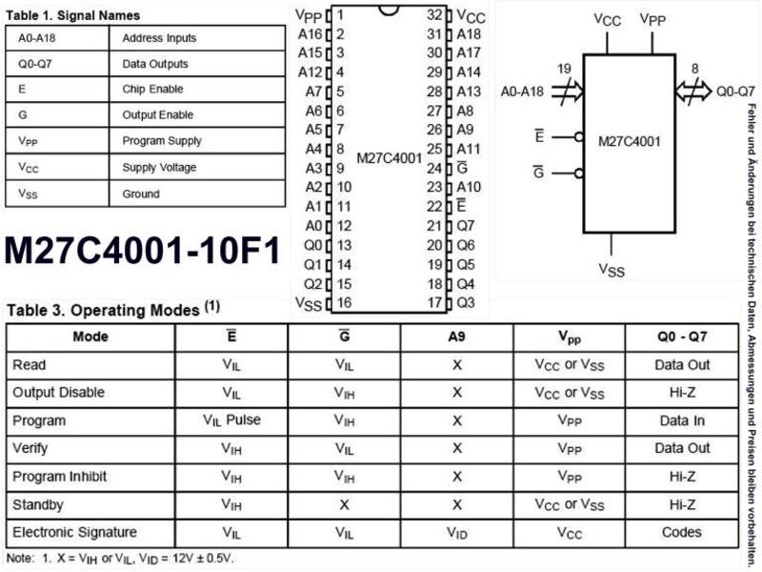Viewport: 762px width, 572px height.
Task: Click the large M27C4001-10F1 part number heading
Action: click(142, 251)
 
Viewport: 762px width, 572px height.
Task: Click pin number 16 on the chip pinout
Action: click(344, 302)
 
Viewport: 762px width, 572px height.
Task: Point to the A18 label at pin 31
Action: click(469, 34)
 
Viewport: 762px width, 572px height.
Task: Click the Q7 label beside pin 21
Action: click(466, 226)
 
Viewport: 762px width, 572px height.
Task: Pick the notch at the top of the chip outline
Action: click(389, 10)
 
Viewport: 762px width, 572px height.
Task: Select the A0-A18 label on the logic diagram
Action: click(522, 92)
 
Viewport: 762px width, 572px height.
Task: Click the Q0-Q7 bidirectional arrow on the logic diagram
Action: click(693, 91)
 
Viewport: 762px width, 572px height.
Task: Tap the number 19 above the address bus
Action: click(564, 69)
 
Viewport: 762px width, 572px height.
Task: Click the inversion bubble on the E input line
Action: click(579, 137)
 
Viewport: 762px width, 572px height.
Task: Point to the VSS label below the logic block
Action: click(612, 269)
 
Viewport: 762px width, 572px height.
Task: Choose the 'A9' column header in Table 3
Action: click(456, 337)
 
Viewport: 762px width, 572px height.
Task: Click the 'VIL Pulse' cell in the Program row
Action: click(231, 420)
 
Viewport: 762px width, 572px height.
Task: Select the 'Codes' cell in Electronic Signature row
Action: click(682, 532)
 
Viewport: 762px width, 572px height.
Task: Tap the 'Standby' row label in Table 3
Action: click(38, 504)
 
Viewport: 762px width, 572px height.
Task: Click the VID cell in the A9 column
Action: click(457, 534)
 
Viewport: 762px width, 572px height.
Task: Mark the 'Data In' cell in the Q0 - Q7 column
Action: click(682, 420)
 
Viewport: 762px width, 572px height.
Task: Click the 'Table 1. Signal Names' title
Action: click(73, 15)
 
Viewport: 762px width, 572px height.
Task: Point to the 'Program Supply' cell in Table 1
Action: click(162, 141)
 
